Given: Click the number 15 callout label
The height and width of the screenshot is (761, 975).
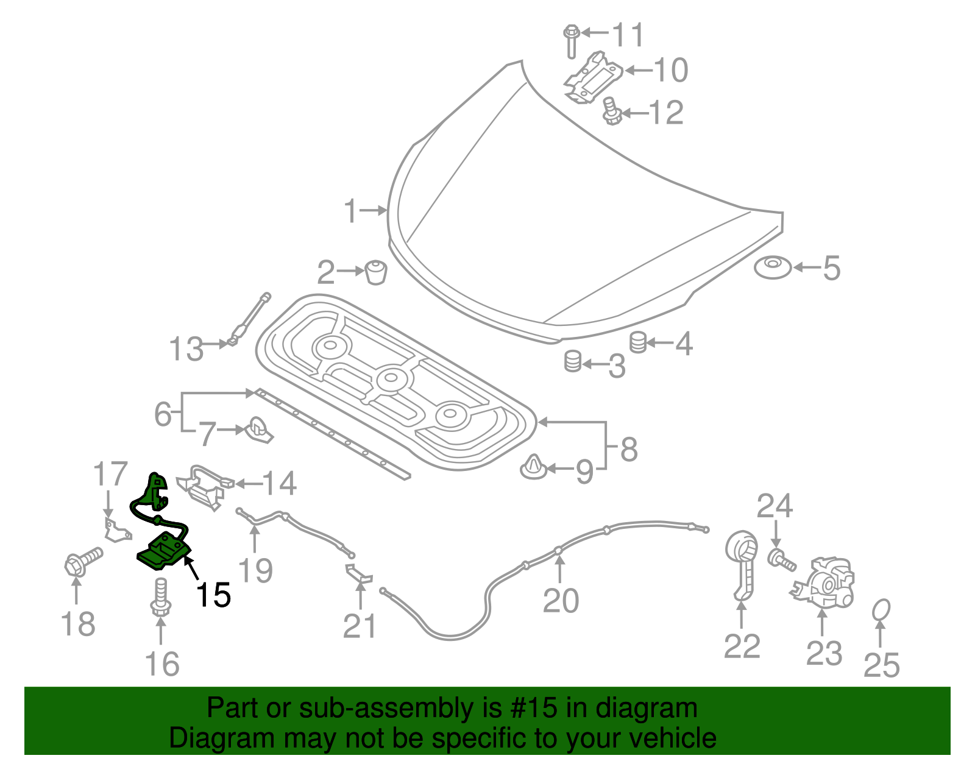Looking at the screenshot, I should (213, 595).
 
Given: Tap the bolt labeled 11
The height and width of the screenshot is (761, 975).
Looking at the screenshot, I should (571, 41).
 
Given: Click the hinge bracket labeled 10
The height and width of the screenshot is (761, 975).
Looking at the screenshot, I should (592, 78).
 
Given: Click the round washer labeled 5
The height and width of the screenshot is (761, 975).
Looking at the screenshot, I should (773, 267).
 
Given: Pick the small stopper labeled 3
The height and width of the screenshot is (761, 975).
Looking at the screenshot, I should (572, 361).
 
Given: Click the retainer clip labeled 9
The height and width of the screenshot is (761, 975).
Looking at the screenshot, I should (534, 467).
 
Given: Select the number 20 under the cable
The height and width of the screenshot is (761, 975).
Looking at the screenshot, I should (560, 601).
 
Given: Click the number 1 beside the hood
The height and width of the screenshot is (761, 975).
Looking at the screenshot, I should (350, 211).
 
